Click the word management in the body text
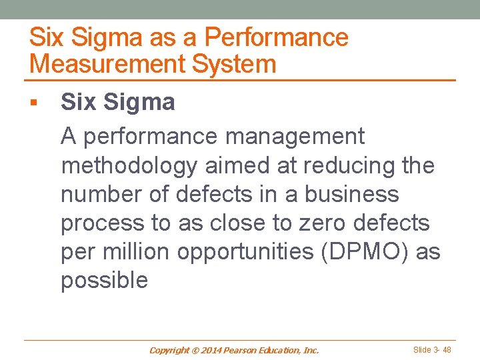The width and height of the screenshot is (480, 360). (295, 137)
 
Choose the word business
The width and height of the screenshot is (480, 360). (352, 194)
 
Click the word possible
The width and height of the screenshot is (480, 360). (104, 280)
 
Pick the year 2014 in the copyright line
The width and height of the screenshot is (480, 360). (211, 350)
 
